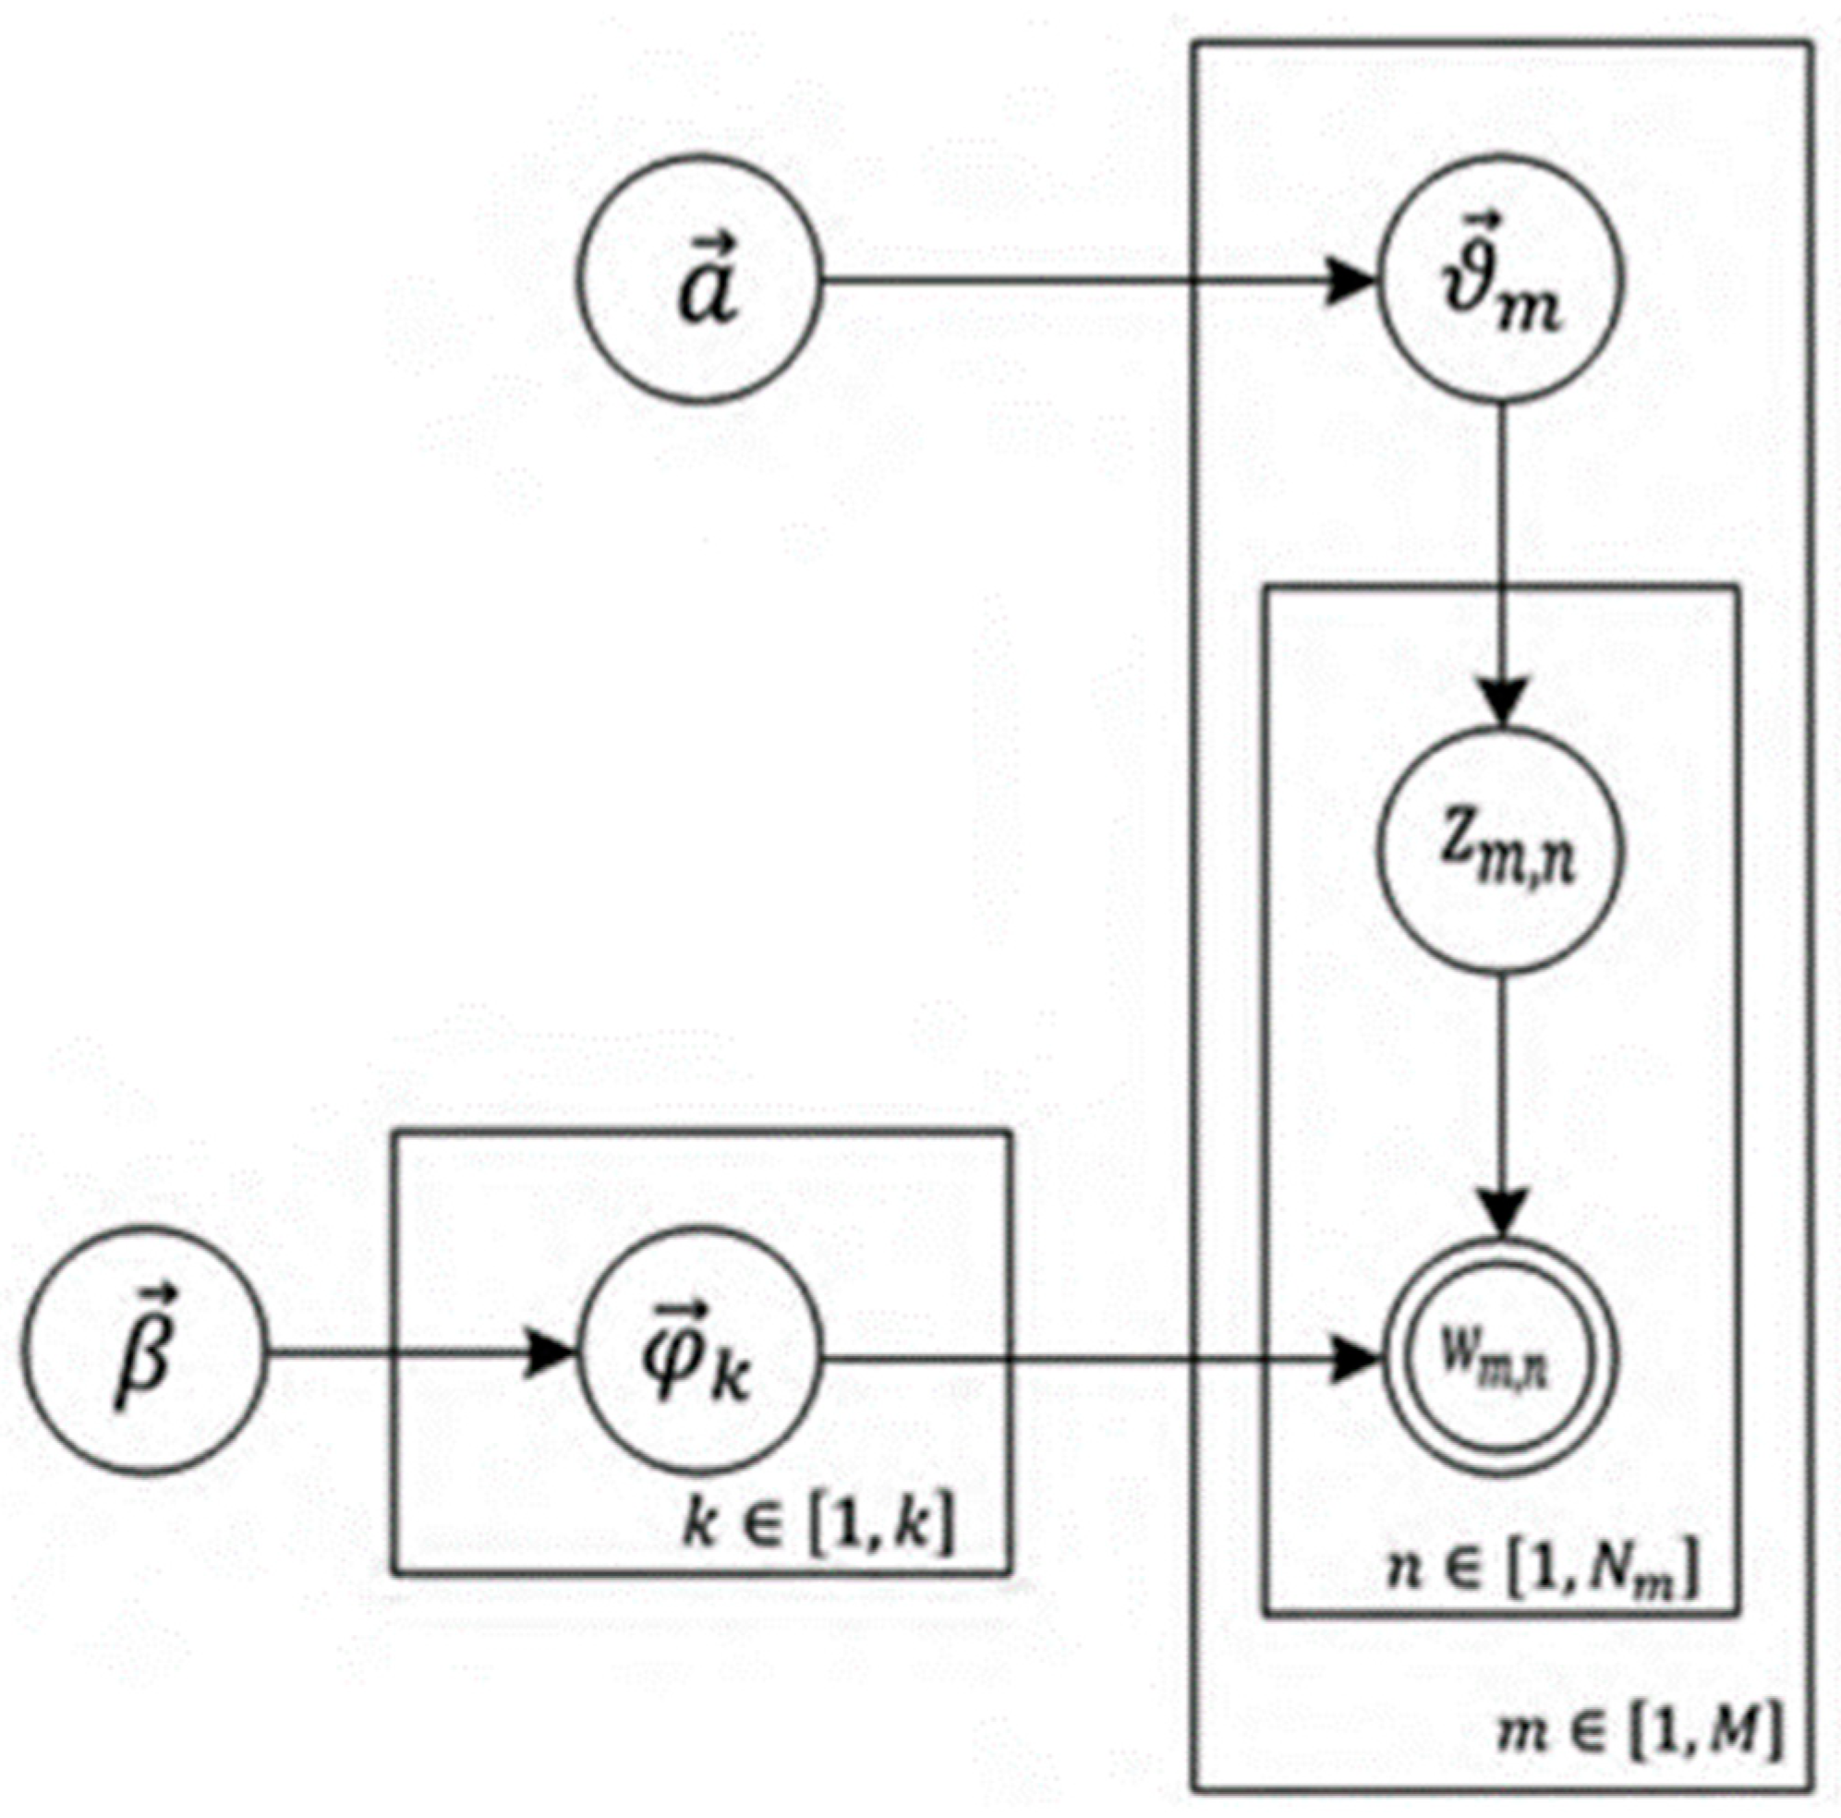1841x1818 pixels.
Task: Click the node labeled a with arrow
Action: (x=701, y=277)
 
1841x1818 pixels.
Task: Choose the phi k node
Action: (x=701, y=1351)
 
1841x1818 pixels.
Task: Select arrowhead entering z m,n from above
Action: (x=1502, y=705)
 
